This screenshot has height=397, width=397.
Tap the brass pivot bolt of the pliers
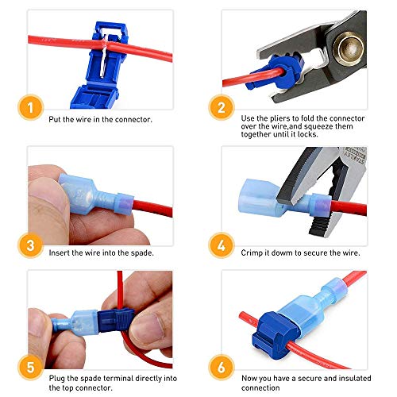tap(347, 32)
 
